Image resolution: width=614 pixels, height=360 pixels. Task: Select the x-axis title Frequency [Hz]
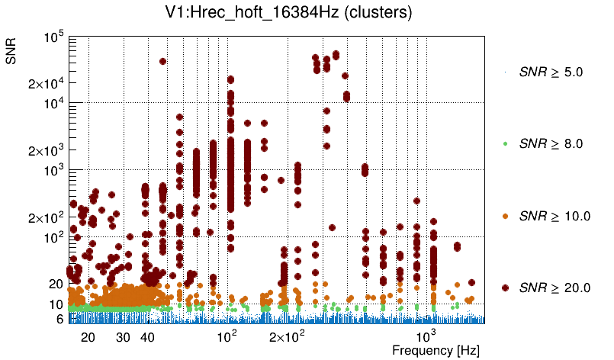coord(426,350)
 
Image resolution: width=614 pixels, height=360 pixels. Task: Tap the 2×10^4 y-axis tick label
coord(47,83)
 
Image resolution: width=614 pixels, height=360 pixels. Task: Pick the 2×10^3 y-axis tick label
coord(47,151)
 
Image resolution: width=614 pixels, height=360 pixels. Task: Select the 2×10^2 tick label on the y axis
coord(47,218)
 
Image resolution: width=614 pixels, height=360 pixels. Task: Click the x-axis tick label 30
coord(123,337)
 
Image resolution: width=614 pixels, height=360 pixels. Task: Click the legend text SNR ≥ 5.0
coord(551,72)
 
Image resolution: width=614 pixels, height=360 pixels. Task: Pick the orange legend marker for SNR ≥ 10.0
coord(505,216)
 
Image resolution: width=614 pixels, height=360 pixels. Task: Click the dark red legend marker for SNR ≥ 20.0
coord(505,288)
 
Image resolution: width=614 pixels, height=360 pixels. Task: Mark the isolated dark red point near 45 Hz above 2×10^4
coord(162,62)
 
